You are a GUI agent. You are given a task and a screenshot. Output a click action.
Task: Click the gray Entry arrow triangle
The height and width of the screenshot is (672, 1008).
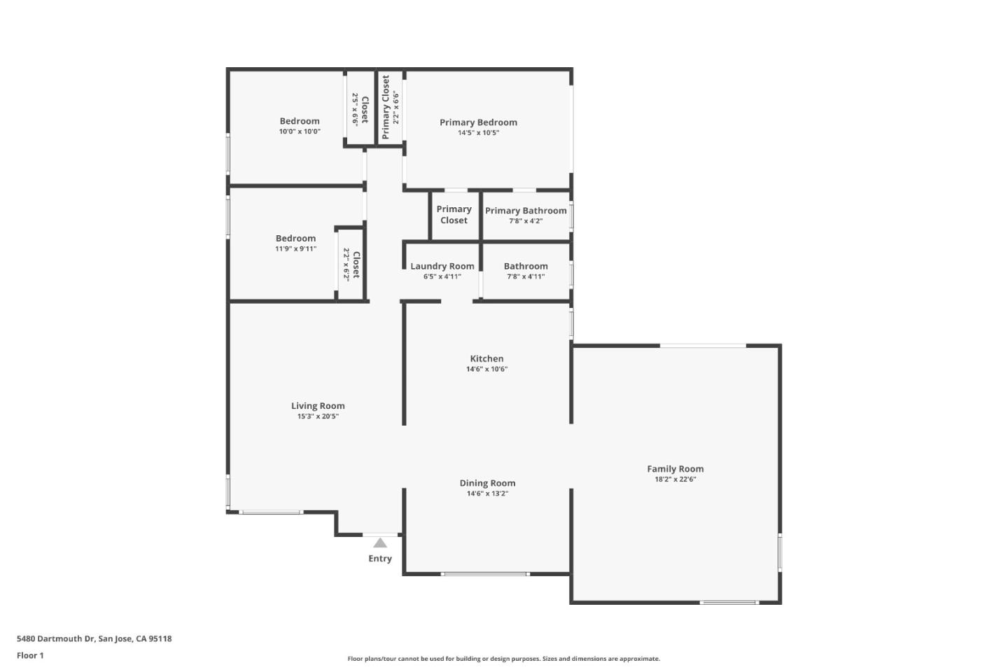pyautogui.click(x=380, y=543)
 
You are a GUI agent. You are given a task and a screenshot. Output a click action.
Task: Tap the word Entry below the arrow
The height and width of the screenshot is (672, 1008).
pyautogui.click(x=380, y=559)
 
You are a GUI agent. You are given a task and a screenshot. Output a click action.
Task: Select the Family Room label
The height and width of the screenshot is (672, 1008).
pyautogui.click(x=675, y=469)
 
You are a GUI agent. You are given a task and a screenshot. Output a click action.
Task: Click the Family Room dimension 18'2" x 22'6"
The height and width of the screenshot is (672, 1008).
pyautogui.click(x=675, y=479)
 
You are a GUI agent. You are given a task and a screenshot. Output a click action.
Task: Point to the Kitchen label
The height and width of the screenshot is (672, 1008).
pyautogui.click(x=486, y=358)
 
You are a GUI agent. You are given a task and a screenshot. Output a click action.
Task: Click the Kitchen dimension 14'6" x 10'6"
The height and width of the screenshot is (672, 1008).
pyautogui.click(x=486, y=369)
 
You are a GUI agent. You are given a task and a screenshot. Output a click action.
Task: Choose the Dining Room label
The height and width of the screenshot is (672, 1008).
pyautogui.click(x=487, y=483)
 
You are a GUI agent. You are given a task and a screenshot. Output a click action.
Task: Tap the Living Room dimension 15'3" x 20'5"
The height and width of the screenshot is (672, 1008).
pyautogui.click(x=318, y=416)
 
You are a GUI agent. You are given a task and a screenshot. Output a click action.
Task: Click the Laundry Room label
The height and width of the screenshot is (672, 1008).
pyautogui.click(x=442, y=266)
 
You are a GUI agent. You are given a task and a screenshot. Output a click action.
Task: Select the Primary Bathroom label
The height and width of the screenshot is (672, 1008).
pyautogui.click(x=526, y=211)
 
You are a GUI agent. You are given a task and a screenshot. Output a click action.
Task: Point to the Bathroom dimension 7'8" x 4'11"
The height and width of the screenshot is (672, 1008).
pyautogui.click(x=526, y=276)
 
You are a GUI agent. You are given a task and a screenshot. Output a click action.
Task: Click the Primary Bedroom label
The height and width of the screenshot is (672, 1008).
pyautogui.click(x=478, y=122)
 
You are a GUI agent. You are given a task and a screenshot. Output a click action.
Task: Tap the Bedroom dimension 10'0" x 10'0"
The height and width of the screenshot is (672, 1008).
pyautogui.click(x=300, y=132)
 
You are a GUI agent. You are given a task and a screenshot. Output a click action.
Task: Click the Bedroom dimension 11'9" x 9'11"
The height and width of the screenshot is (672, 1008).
pyautogui.click(x=295, y=249)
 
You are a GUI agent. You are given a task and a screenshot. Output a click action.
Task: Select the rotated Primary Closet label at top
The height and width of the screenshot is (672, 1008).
pyautogui.click(x=386, y=107)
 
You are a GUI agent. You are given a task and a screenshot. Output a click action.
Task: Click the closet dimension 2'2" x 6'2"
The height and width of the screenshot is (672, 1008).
pyautogui.click(x=346, y=265)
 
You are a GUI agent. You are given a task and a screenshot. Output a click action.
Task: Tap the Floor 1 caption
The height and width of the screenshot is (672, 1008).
pyautogui.click(x=30, y=656)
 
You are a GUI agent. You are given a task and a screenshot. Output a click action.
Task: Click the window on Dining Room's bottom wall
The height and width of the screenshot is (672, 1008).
pyautogui.click(x=484, y=574)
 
